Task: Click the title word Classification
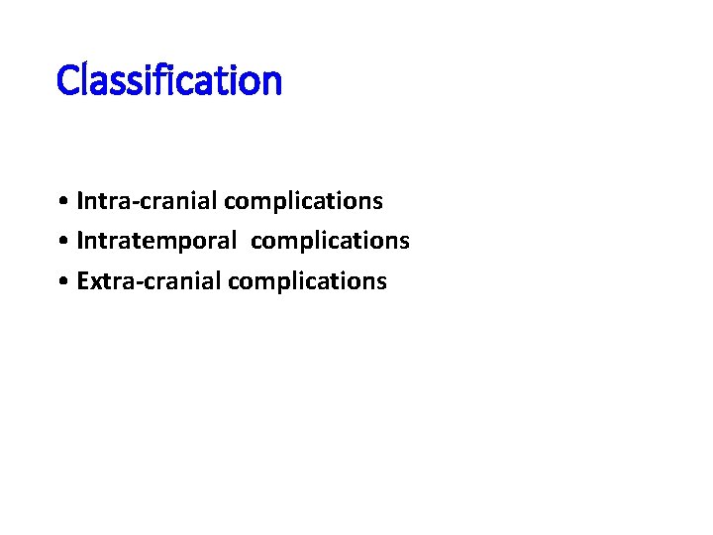[169, 80]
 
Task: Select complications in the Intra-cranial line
[303, 202]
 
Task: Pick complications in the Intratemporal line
[330, 242]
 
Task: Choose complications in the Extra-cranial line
[307, 282]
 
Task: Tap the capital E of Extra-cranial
[82, 281]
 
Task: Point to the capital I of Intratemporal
[80, 241]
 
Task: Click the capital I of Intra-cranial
[80, 201]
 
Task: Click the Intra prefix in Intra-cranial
[99, 202]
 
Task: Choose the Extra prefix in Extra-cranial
[101, 281]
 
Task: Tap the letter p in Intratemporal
[191, 244]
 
